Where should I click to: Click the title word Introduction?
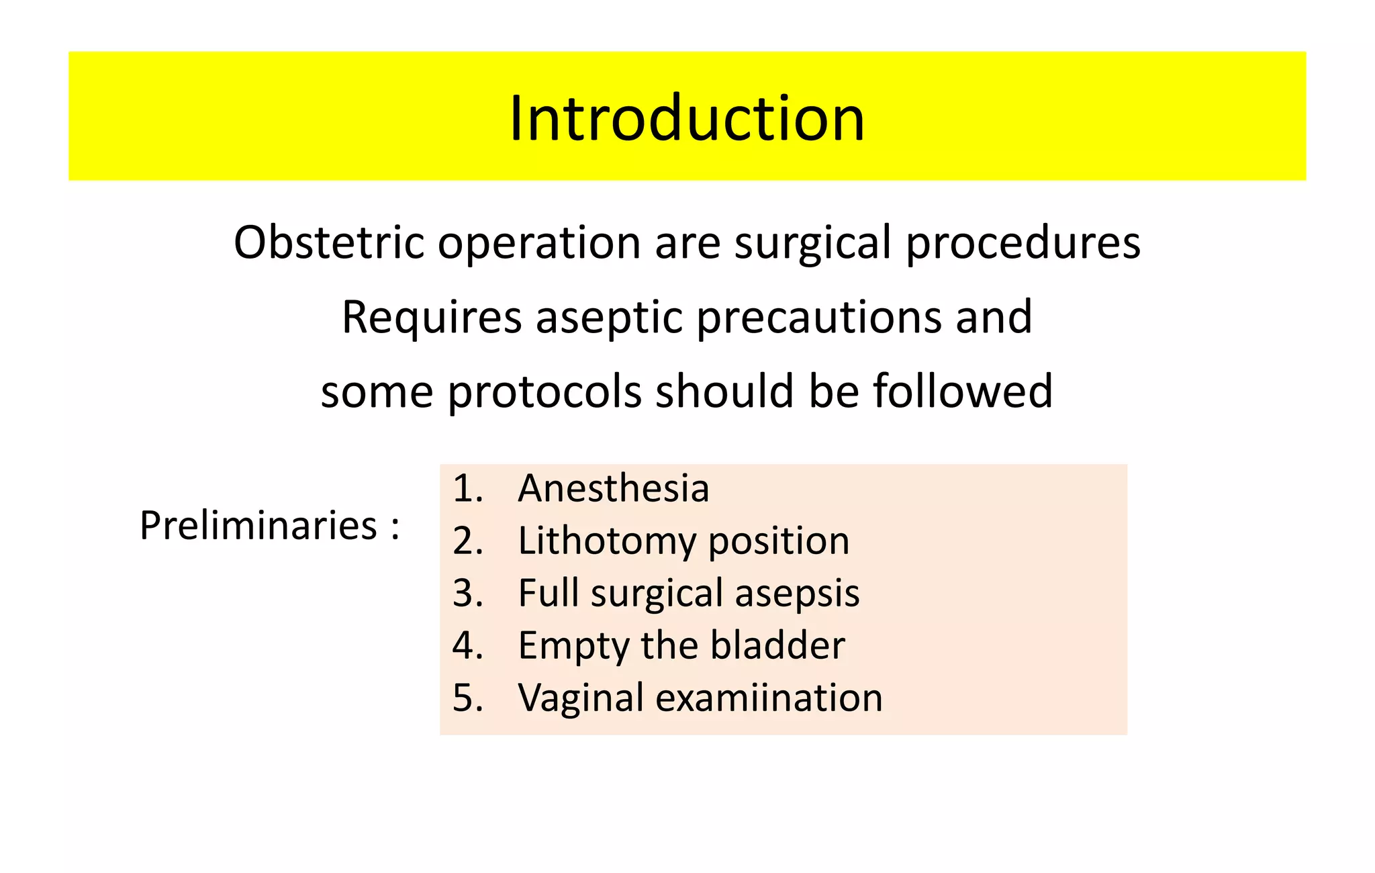coord(687,118)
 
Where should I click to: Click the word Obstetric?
coord(328,242)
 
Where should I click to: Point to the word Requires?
coord(432,317)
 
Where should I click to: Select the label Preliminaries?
coord(258,525)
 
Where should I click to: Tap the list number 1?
coord(467,488)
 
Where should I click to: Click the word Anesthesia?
coord(613,488)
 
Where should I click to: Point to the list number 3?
coord(467,593)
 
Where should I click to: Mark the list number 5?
coord(467,698)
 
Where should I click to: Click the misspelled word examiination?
coord(768,698)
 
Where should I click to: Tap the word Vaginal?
coord(581,698)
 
